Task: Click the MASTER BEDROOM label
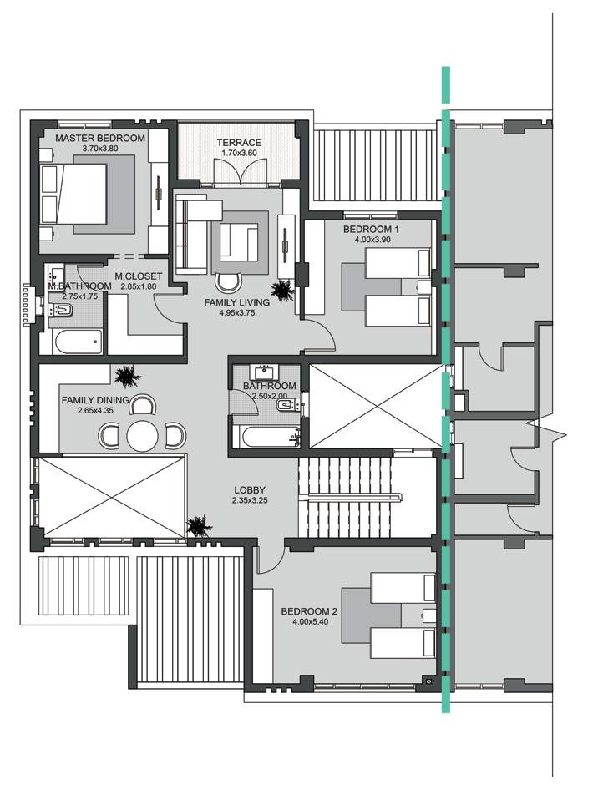click(x=100, y=138)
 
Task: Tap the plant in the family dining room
click(x=128, y=377)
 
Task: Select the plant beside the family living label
click(x=282, y=291)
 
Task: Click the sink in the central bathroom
click(x=266, y=372)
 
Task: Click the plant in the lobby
click(x=199, y=526)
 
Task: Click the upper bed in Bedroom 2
click(x=402, y=588)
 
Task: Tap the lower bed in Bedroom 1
click(x=398, y=312)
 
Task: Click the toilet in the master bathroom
click(x=63, y=311)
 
